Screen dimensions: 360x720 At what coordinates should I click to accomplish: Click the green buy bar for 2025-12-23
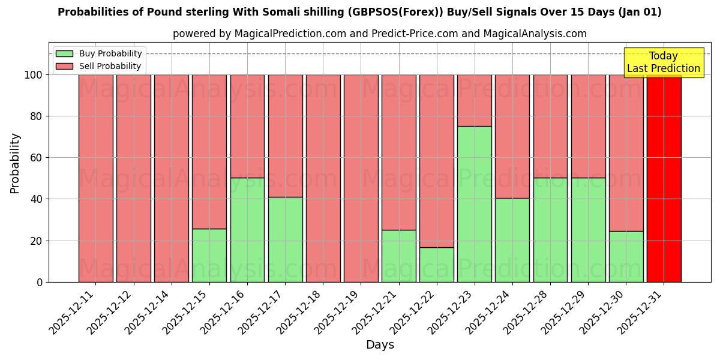474,204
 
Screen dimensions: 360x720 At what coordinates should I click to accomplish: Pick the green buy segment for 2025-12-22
436,265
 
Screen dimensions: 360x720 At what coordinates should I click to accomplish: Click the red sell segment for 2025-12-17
285,136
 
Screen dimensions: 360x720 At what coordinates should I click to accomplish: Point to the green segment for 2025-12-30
626,256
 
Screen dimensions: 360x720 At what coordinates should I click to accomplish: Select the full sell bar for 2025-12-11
95,178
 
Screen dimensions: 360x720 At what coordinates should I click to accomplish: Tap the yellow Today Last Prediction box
663,62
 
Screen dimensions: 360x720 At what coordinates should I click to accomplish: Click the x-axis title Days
380,345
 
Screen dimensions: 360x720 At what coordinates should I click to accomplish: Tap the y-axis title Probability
15,163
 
